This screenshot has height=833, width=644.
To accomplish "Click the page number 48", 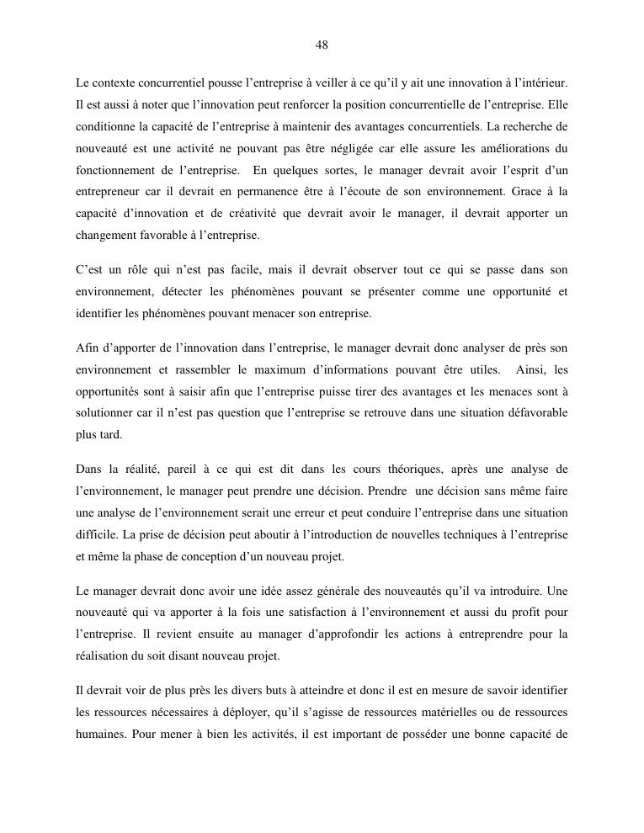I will pos(322,45).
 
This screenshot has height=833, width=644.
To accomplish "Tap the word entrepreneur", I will pos(109,193).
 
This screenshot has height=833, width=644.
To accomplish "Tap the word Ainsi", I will pos(530,369).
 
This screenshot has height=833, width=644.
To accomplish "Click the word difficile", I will pos(97,534).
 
